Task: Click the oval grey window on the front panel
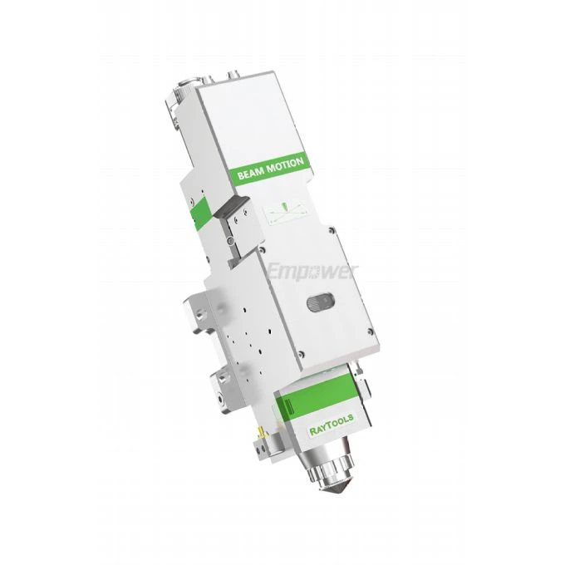point(321,304)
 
